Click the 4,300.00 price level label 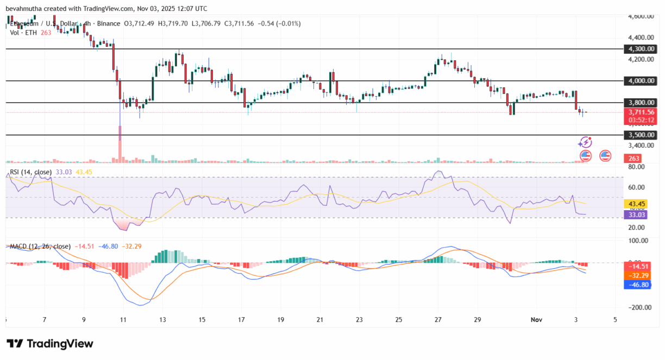641,49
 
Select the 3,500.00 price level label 641,135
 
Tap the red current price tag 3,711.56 641,112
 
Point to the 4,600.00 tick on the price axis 641,16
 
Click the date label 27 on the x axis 438,320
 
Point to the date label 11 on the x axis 123,320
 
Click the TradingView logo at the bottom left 50,344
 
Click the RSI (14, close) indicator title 30,172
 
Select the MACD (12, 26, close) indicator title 40,246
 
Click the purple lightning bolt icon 585,142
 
